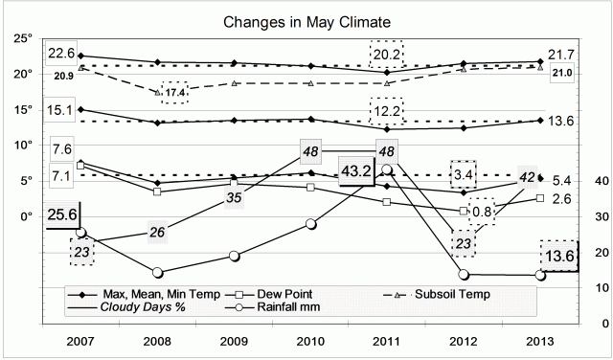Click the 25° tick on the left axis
[x=23, y=37]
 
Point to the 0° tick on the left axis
[x=26, y=216]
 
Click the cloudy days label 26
[x=159, y=232]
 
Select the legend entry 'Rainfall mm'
[x=285, y=306]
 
